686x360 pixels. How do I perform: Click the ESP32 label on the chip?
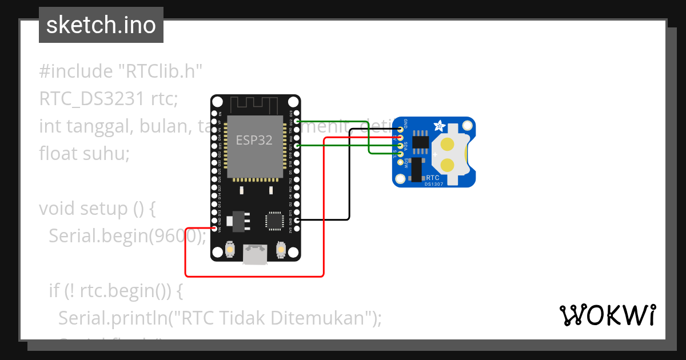[254, 139]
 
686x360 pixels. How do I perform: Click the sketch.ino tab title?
[101, 25]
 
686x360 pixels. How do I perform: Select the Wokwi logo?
[607, 314]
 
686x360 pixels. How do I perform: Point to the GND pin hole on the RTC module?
[400, 129]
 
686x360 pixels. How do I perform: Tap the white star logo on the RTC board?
[440, 124]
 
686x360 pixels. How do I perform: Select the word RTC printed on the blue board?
[433, 178]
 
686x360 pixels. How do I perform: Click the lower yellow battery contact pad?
[448, 166]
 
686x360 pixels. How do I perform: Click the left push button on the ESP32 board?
[229, 250]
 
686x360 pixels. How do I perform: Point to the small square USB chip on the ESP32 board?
[274, 221]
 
